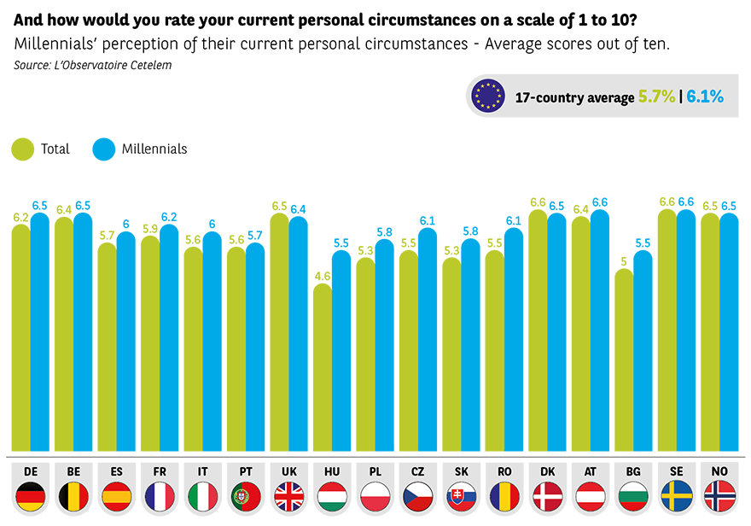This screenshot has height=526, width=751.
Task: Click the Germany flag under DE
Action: [30, 496]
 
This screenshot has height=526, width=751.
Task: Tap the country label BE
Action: [73, 470]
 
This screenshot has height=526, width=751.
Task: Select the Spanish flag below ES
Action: [116, 496]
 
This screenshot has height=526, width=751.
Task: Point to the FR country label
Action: [160, 470]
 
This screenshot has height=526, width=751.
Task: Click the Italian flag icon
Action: [202, 496]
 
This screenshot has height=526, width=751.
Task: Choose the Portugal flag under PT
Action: [246, 496]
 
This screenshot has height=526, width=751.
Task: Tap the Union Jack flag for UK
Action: [288, 496]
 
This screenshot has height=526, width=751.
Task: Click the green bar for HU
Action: [321, 367]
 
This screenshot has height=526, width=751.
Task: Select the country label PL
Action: [375, 470]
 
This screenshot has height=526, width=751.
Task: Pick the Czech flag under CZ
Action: [418, 496]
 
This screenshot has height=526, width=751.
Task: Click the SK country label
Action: [461, 470]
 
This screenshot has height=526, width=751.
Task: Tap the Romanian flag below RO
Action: [504, 496]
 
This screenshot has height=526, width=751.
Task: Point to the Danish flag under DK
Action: [547, 496]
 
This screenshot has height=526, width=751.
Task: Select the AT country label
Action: [591, 470]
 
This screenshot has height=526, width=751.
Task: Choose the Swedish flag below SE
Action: [677, 496]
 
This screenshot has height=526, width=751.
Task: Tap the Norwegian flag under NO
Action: [719, 496]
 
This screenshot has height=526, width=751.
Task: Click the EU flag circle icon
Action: [488, 96]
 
